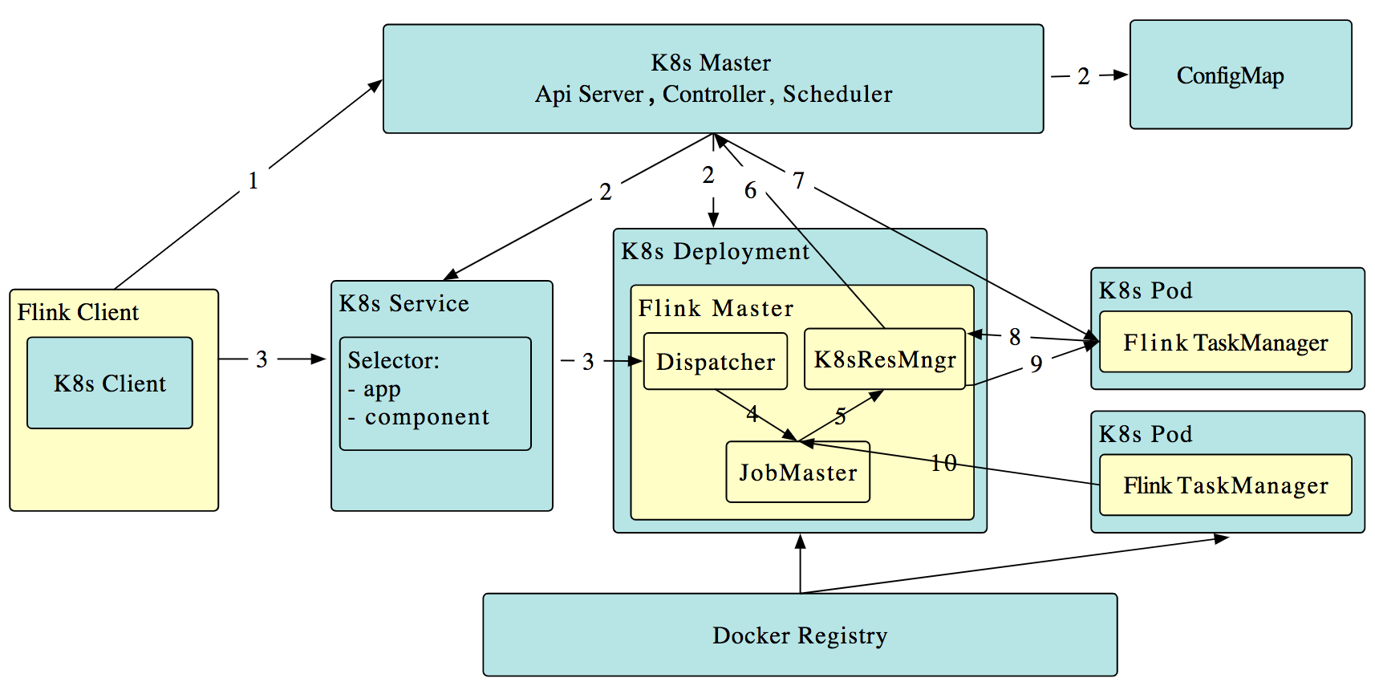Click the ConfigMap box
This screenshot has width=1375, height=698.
1239,75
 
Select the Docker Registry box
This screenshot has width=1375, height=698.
799,635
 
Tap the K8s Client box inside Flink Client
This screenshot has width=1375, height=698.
110,383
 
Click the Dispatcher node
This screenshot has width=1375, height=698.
715,362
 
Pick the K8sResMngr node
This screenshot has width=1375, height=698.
884,359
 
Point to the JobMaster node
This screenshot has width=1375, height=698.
797,473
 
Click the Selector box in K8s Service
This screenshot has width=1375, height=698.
435,393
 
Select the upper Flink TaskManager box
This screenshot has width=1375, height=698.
1225,343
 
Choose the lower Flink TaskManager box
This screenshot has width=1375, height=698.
1225,485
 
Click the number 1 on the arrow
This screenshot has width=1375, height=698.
253,181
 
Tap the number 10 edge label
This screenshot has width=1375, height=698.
943,463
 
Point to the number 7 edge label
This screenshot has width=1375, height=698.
798,181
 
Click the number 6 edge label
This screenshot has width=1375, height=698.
750,190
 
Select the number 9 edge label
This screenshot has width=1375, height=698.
1036,364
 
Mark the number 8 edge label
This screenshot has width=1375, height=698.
1015,337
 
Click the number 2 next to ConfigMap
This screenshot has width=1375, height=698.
1083,76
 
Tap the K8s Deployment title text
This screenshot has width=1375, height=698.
715,252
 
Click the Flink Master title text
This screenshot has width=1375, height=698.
716,308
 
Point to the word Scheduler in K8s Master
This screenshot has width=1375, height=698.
837,95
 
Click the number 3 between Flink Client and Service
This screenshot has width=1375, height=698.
262,359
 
